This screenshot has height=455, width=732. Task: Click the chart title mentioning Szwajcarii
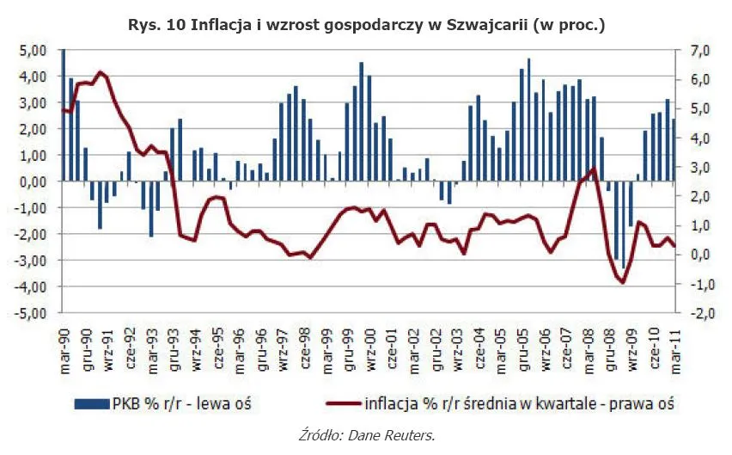click(365, 26)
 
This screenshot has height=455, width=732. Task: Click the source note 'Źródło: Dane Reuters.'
click(366, 435)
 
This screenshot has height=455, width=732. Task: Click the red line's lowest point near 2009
click(622, 282)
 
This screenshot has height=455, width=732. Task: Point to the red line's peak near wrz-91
click(101, 72)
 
